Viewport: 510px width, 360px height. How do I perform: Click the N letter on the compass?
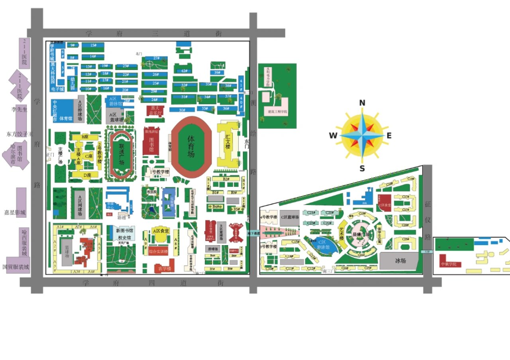[x=362, y=103]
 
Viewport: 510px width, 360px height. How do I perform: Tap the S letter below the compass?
[x=362, y=168]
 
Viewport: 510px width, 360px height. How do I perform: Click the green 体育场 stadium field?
[x=191, y=146]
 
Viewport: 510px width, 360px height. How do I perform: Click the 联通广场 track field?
[x=122, y=154]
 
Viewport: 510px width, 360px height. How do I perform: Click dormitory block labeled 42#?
[x=184, y=71]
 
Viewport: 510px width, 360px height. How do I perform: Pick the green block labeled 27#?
[x=156, y=59]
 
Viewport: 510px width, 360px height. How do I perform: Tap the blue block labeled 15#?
[x=93, y=45]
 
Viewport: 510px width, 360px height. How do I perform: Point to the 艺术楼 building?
[x=342, y=232]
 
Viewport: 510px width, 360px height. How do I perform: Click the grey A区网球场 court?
[x=79, y=203]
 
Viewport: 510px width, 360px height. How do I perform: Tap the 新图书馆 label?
[x=125, y=230]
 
